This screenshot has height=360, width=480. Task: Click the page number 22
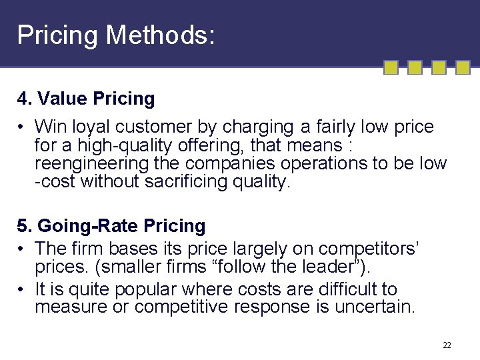(x=447, y=345)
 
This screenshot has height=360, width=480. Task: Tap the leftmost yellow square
(x=391, y=67)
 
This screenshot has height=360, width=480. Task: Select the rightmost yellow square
(x=462, y=67)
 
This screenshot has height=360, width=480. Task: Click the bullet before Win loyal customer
(x=22, y=127)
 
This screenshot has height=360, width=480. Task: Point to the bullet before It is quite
(x=22, y=289)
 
